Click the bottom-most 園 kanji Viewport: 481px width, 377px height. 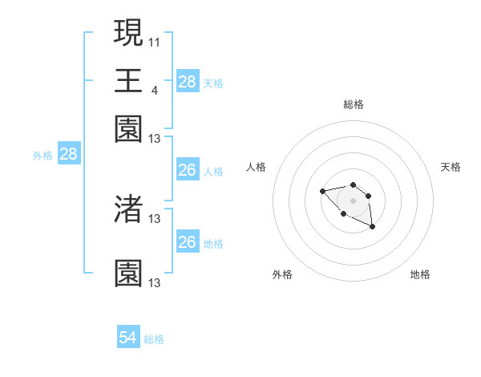pyautogui.click(x=128, y=274)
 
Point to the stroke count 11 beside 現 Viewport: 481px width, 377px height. pyautogui.click(x=155, y=40)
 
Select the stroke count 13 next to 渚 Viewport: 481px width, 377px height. pyautogui.click(x=155, y=217)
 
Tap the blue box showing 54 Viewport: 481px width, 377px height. pyautogui.click(x=128, y=338)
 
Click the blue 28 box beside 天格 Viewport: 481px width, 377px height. pyautogui.click(x=188, y=82)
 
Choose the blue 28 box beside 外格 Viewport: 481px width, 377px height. pyautogui.click(x=68, y=155)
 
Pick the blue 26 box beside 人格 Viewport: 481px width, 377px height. pyautogui.click(x=188, y=170)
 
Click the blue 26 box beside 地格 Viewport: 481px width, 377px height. pyautogui.click(x=188, y=242)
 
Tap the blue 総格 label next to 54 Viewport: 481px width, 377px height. pyautogui.click(x=154, y=339)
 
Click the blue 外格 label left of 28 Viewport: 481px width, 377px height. pyautogui.click(x=42, y=156)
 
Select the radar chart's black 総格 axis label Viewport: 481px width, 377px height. pyautogui.click(x=353, y=104)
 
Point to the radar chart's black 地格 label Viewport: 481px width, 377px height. pyautogui.click(x=420, y=274)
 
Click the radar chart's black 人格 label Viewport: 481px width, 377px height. pyautogui.click(x=257, y=167)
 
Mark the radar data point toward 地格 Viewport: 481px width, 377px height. pyautogui.click(x=373, y=228)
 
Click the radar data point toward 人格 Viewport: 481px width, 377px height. pyautogui.click(x=322, y=191)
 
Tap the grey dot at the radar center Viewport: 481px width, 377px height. pyautogui.click(x=353, y=201)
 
